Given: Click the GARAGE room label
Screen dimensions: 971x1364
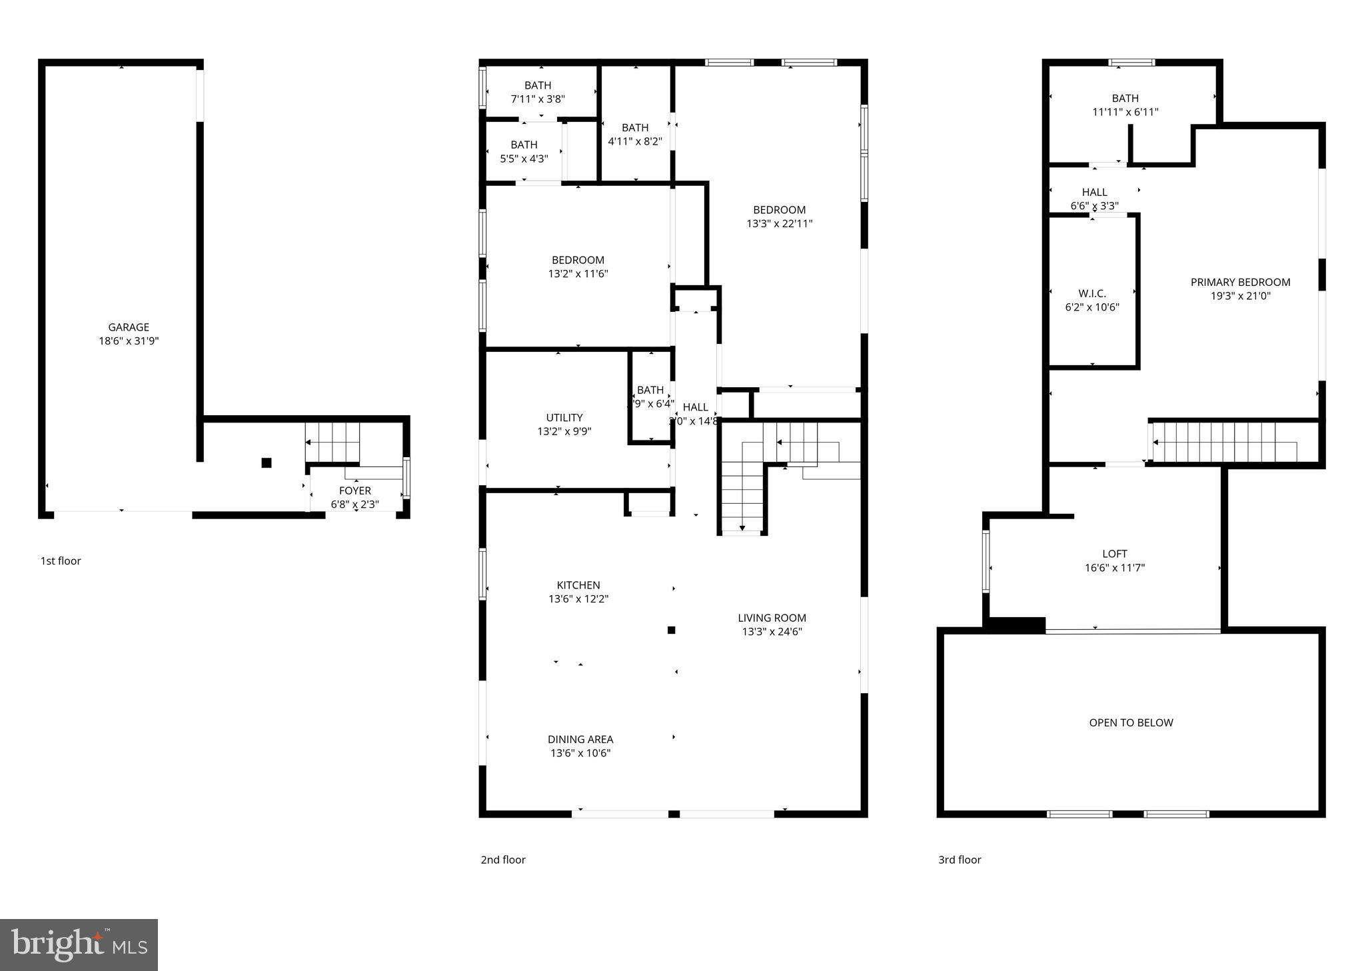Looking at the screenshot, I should pos(129,327).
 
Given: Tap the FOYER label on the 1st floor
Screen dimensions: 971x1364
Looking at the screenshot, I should pos(354,491).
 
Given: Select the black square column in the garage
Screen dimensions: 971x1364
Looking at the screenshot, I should pos(267,463).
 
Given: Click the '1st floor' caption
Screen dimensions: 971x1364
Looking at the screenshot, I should pos(61,561).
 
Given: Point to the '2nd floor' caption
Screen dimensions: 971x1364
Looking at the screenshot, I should pos(503,860).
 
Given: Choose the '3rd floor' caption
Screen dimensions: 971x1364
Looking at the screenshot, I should pos(960,860).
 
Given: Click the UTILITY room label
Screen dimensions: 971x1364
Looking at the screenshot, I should pos(564,418).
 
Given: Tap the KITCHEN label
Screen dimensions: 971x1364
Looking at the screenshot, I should pos(578,585).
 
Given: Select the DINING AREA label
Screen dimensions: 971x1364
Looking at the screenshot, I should pos(580,739).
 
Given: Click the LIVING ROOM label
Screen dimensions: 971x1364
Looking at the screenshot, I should pos(772,618).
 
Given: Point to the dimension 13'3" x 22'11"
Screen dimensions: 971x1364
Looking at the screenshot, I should pos(779,224).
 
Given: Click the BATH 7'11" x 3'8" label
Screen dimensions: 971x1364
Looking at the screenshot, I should pos(538,85).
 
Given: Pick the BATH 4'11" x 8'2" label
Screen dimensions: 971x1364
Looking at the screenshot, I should pos(635,128).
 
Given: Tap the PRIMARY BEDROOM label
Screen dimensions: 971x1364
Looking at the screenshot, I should pos(1240,283).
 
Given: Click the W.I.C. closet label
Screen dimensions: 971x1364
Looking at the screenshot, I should pos(1092,294).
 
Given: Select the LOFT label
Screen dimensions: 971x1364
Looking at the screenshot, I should pos(1115,554).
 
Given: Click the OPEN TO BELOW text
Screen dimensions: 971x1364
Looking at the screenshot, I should pos(1131,722).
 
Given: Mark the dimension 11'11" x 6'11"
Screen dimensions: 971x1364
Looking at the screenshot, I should pos(1125,113).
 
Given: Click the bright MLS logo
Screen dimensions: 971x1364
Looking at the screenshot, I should pos(79,944).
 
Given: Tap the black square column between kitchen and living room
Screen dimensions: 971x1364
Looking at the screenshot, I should pos(672,630).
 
